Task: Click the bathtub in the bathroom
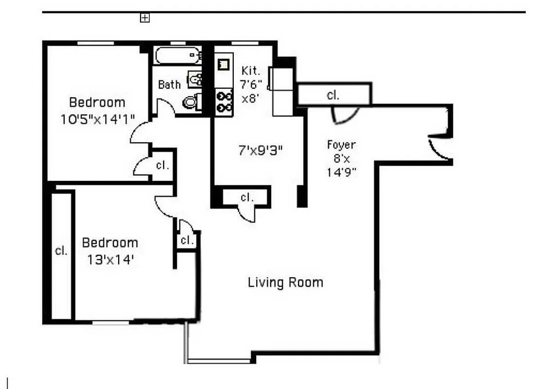[x=178, y=55]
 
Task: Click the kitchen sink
[x=224, y=64]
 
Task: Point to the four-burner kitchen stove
[x=224, y=101]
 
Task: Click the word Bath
[x=169, y=85]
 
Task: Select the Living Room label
[x=285, y=282]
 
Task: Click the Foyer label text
[x=341, y=144]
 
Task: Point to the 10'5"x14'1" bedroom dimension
[x=97, y=119]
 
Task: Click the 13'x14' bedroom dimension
[x=110, y=259]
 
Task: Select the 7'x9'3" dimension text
[x=260, y=151]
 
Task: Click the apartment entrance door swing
[x=439, y=147]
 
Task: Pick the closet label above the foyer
[x=333, y=95]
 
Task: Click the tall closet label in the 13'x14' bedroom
[x=61, y=251]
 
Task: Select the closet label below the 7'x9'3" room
[x=247, y=197]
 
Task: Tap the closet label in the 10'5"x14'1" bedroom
[x=162, y=165]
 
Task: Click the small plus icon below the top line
[x=144, y=18]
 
